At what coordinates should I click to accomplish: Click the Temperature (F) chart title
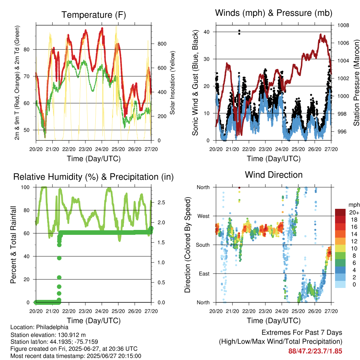tap(94, 15)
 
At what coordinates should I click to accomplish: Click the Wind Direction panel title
tap(274, 175)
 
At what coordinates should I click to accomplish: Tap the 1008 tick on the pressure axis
tap(343, 25)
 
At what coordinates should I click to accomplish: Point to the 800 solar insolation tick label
tap(162, 44)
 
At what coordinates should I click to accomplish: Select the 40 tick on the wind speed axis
tap(207, 32)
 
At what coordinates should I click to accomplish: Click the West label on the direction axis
tap(204, 216)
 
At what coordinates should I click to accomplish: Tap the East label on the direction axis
tap(204, 274)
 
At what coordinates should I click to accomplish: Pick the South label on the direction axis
tap(203, 245)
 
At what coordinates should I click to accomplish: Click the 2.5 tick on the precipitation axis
tap(161, 202)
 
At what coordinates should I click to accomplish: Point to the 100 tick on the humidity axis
tap(25, 187)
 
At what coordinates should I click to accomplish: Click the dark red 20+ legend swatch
tap(340, 212)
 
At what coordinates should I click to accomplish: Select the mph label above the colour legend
tap(354, 205)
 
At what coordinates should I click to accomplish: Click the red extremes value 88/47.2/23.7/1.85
tap(315, 351)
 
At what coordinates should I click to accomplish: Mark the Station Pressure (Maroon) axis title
tap(356, 83)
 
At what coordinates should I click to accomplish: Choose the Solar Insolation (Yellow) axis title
tap(172, 83)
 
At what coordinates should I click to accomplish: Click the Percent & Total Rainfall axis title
tap(13, 245)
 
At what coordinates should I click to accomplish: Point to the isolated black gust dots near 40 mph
tap(239, 32)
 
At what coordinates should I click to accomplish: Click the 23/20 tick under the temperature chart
tap(85, 149)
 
